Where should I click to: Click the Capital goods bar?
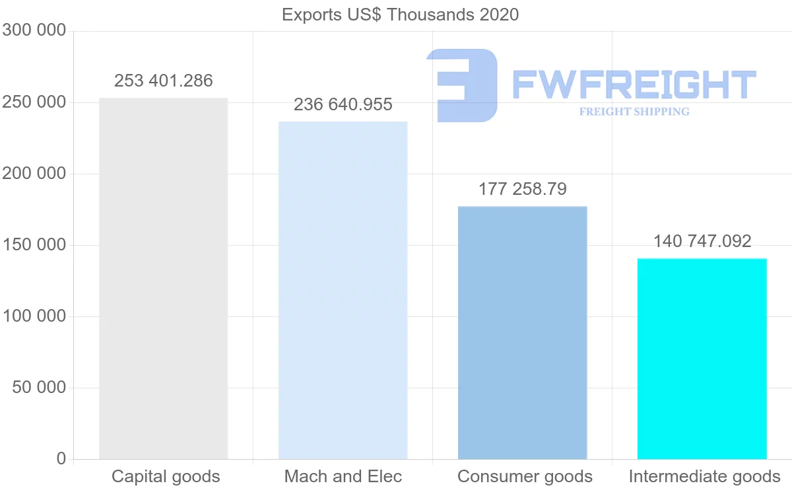pos(164,278)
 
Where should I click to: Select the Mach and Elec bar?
pos(343,290)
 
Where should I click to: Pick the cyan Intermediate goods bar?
pos(702,359)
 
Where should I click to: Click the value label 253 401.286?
pos(164,81)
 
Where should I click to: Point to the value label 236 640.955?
pos(343,104)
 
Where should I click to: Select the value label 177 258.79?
pos(522,190)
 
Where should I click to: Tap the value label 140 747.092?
pos(702,242)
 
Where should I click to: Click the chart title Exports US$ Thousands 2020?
pos(400,15)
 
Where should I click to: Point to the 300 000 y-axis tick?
pos(34,31)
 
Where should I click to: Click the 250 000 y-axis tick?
pos(34,102)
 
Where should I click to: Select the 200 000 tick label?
pos(34,174)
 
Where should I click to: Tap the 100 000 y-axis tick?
pos(34,316)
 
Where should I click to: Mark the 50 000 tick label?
pos(40,388)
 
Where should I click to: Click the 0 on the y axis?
pos(61,459)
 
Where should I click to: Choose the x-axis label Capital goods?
pos(166,477)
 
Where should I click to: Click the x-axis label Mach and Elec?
pos(343,477)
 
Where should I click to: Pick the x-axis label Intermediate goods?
pos(704,477)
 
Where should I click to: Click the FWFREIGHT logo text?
pos(634,85)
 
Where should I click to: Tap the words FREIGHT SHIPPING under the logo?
pos(634,112)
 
